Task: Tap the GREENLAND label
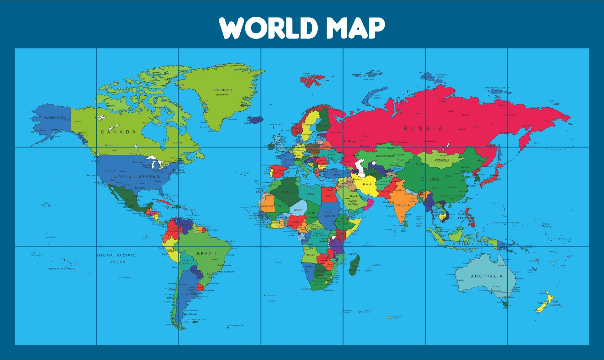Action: click(222, 90)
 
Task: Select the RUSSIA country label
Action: click(423, 128)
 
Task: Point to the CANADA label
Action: click(118, 132)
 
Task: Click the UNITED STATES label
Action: click(137, 177)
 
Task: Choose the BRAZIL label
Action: click(207, 254)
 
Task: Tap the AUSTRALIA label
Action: click(487, 276)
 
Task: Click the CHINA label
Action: click(430, 179)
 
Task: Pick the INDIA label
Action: click(403, 205)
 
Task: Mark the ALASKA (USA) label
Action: click(55, 118)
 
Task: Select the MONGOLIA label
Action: click(442, 160)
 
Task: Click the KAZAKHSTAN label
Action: click(385, 156)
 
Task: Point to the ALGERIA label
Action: click(287, 192)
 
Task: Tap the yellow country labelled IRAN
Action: click(366, 185)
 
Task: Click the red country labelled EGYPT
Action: click(329, 196)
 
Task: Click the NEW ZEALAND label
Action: click(556, 303)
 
